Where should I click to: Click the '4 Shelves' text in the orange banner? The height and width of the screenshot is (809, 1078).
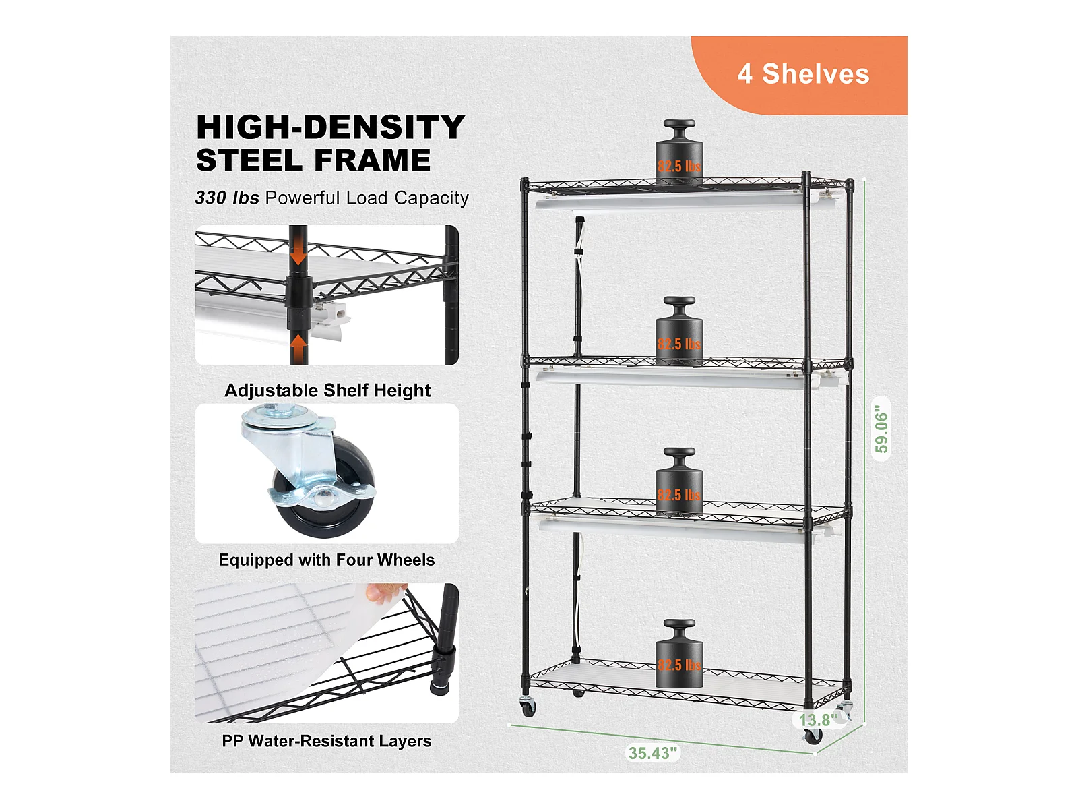pyautogui.click(x=803, y=74)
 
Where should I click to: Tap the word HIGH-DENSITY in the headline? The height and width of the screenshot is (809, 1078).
pyautogui.click(x=331, y=127)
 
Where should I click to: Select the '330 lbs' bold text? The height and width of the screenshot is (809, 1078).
pyautogui.click(x=227, y=198)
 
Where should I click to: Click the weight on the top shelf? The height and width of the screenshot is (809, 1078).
pyautogui.click(x=679, y=152)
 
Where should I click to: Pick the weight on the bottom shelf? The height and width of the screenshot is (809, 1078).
pyautogui.click(x=679, y=653)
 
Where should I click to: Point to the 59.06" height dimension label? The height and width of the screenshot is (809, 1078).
pyautogui.click(x=881, y=429)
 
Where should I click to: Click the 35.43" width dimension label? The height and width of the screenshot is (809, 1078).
pyautogui.click(x=653, y=753)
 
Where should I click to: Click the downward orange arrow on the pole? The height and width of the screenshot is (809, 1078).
pyautogui.click(x=298, y=256)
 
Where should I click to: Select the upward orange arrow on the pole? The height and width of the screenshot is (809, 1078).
pyautogui.click(x=298, y=344)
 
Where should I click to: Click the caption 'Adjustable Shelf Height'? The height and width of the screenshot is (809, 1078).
pyautogui.click(x=327, y=390)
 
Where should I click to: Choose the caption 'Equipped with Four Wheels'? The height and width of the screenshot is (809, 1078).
pyautogui.click(x=327, y=560)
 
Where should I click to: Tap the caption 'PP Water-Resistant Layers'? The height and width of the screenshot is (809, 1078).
pyautogui.click(x=327, y=741)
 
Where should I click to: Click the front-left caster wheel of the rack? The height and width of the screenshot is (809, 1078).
pyautogui.click(x=528, y=708)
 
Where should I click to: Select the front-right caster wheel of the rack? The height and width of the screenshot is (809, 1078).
pyautogui.click(x=813, y=736)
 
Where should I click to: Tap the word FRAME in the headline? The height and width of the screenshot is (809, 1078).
pyautogui.click(x=373, y=160)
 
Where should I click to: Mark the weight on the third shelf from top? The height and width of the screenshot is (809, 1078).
pyautogui.click(x=679, y=481)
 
